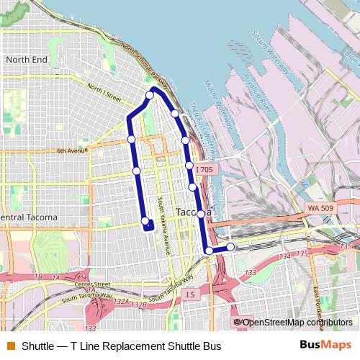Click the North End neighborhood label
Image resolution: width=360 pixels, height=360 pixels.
[27, 59]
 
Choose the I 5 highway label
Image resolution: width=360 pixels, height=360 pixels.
[189, 294]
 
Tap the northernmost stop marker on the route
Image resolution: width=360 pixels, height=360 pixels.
[150, 95]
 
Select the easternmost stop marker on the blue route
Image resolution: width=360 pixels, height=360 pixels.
[230, 247]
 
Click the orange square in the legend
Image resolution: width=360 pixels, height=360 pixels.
[10, 346]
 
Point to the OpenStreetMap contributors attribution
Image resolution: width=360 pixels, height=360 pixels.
[294, 322]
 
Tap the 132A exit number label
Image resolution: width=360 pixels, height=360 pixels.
[120, 301]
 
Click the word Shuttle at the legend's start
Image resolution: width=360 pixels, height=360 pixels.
[37, 346]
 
